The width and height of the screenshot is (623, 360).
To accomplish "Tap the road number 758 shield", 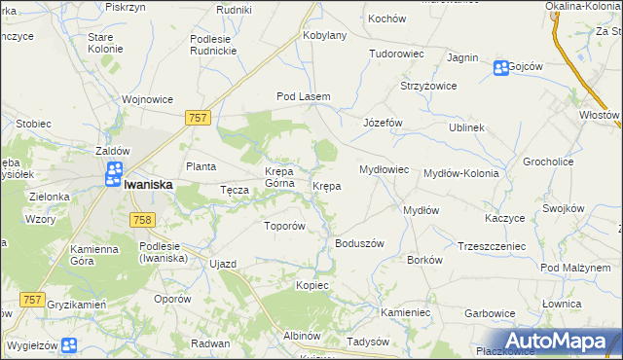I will [x=139, y=221].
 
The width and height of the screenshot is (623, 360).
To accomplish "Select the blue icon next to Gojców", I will [x=500, y=67].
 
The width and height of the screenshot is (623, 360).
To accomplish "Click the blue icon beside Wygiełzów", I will [x=68, y=345].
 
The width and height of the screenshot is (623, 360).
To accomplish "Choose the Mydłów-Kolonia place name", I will [x=460, y=173].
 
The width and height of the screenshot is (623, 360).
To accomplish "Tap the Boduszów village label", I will [x=360, y=243].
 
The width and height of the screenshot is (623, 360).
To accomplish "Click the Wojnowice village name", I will [x=147, y=98].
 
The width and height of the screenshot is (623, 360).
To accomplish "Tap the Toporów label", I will [x=285, y=226].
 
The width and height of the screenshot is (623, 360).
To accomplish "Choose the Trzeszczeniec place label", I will [x=491, y=246].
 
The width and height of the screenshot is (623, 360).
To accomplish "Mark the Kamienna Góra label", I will [x=94, y=255].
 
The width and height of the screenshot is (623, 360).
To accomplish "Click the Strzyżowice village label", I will [x=429, y=87].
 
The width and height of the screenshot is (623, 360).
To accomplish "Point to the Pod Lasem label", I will [x=304, y=97].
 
